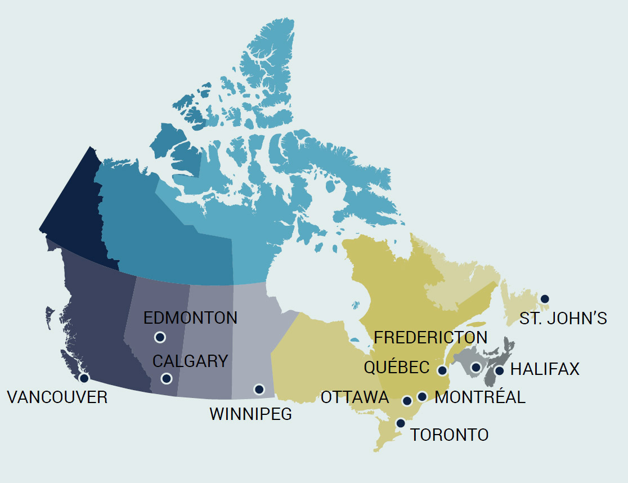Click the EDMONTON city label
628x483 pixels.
(190, 317)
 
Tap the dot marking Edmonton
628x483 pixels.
(160, 337)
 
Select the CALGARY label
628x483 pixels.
(190, 361)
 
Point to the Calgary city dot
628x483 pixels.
(166, 378)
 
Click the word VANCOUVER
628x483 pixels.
(57, 397)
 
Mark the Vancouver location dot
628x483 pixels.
(84, 378)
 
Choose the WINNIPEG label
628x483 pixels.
(250, 414)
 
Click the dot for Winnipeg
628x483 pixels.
(259, 389)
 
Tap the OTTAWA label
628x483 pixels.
(355, 397)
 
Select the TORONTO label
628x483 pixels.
(449, 435)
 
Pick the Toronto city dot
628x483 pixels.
(401, 423)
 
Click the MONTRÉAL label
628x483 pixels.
(480, 397)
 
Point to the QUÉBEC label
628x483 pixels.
(397, 368)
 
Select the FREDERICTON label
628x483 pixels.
(430, 337)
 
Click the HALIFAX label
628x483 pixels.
(544, 369)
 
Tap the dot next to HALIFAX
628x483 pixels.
(499, 370)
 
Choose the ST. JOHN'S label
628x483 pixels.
(563, 319)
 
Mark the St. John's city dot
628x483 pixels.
(544, 299)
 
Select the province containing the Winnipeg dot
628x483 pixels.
(253, 343)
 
